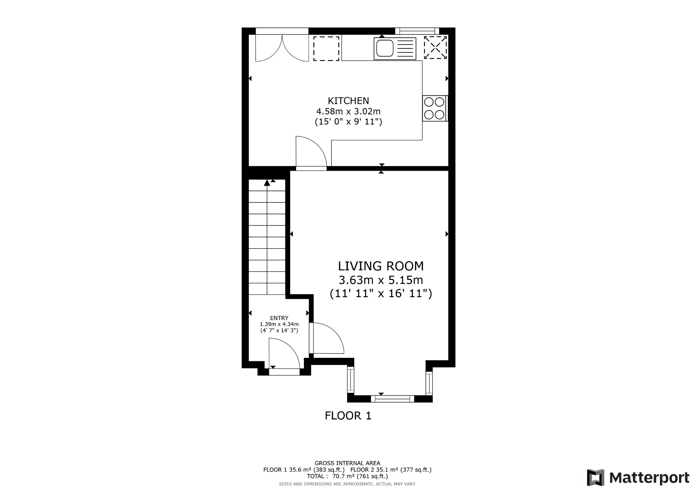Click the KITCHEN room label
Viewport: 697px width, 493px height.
(x=348, y=100)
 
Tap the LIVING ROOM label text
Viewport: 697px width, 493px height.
(x=381, y=266)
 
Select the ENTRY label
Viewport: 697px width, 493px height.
(x=279, y=318)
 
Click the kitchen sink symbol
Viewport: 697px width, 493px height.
(x=395, y=48)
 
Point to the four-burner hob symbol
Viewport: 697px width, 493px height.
(x=434, y=108)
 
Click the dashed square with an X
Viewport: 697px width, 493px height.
(x=435, y=48)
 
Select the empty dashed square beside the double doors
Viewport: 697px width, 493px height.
(x=326, y=49)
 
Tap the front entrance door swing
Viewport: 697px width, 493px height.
(x=283, y=354)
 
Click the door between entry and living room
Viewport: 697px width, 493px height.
(x=327, y=339)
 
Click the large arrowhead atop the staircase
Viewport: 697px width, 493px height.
(x=267, y=183)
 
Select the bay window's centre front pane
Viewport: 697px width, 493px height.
(x=392, y=399)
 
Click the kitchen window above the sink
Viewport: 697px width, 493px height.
(x=417, y=31)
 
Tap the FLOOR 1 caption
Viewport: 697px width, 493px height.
(x=348, y=416)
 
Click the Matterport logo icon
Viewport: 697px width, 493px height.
(x=595, y=477)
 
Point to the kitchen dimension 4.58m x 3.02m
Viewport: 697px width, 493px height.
(x=348, y=111)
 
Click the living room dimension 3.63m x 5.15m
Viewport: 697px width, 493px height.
(x=381, y=280)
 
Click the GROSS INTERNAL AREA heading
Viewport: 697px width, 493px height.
(x=347, y=463)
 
